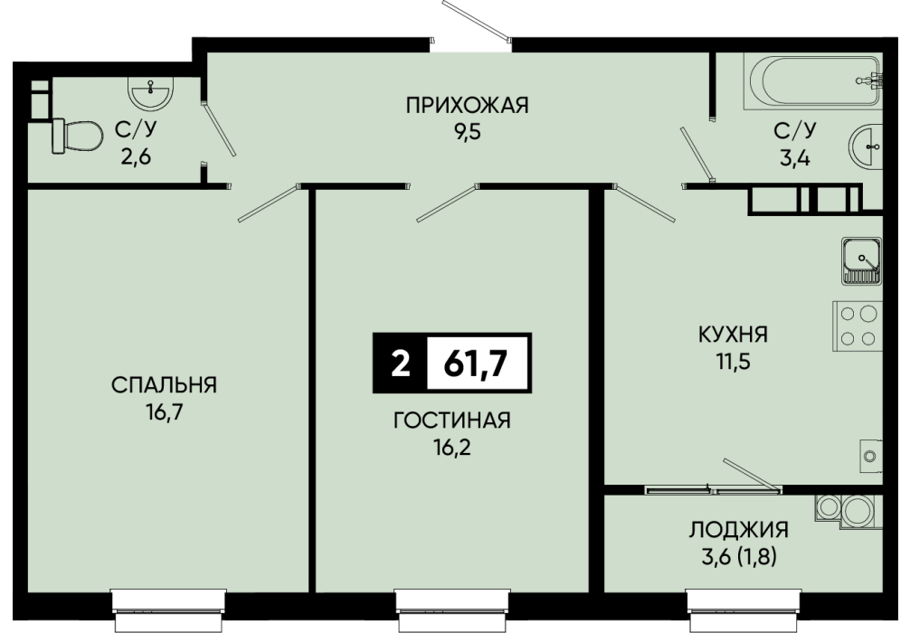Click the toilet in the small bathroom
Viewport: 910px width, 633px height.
77,137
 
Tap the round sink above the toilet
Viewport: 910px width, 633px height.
150,93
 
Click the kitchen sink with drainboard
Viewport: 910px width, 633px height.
862,260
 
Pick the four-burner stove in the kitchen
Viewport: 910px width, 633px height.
858,326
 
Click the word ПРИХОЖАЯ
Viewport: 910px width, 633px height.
467,106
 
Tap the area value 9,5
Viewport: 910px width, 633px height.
467,132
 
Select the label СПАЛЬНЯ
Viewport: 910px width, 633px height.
165,384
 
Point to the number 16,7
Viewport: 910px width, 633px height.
165,412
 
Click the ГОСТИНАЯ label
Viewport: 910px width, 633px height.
452,420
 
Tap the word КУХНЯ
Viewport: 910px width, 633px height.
733,335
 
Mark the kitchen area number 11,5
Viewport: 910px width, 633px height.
733,362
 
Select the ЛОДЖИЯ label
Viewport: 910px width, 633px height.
739,530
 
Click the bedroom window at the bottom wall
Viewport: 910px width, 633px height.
168,609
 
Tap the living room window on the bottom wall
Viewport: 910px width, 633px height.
452,609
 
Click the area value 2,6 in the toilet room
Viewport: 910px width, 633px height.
136,156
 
